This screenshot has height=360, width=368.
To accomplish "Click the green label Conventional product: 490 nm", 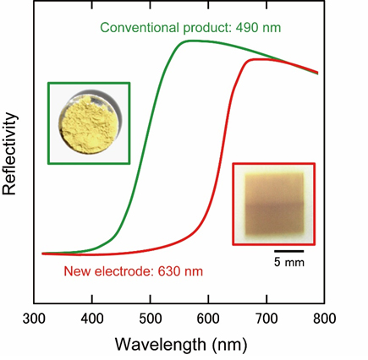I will [190, 27].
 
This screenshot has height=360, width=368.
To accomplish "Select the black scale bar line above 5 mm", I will [288, 251].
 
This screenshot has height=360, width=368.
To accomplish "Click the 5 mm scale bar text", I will [288, 263].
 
